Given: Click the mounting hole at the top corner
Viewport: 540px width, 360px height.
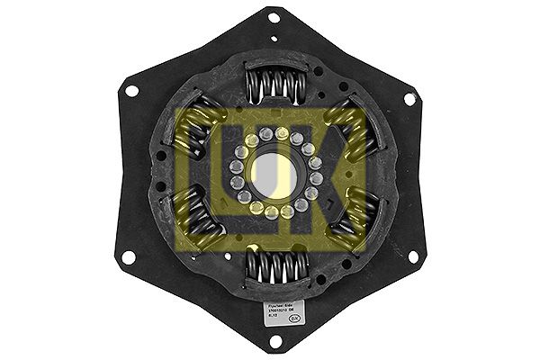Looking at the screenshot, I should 273,18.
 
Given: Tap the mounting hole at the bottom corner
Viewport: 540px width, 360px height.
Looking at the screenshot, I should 273,343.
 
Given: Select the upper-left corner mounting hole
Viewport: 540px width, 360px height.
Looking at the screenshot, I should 131,91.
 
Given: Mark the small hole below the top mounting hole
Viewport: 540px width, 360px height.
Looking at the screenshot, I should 273,41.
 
